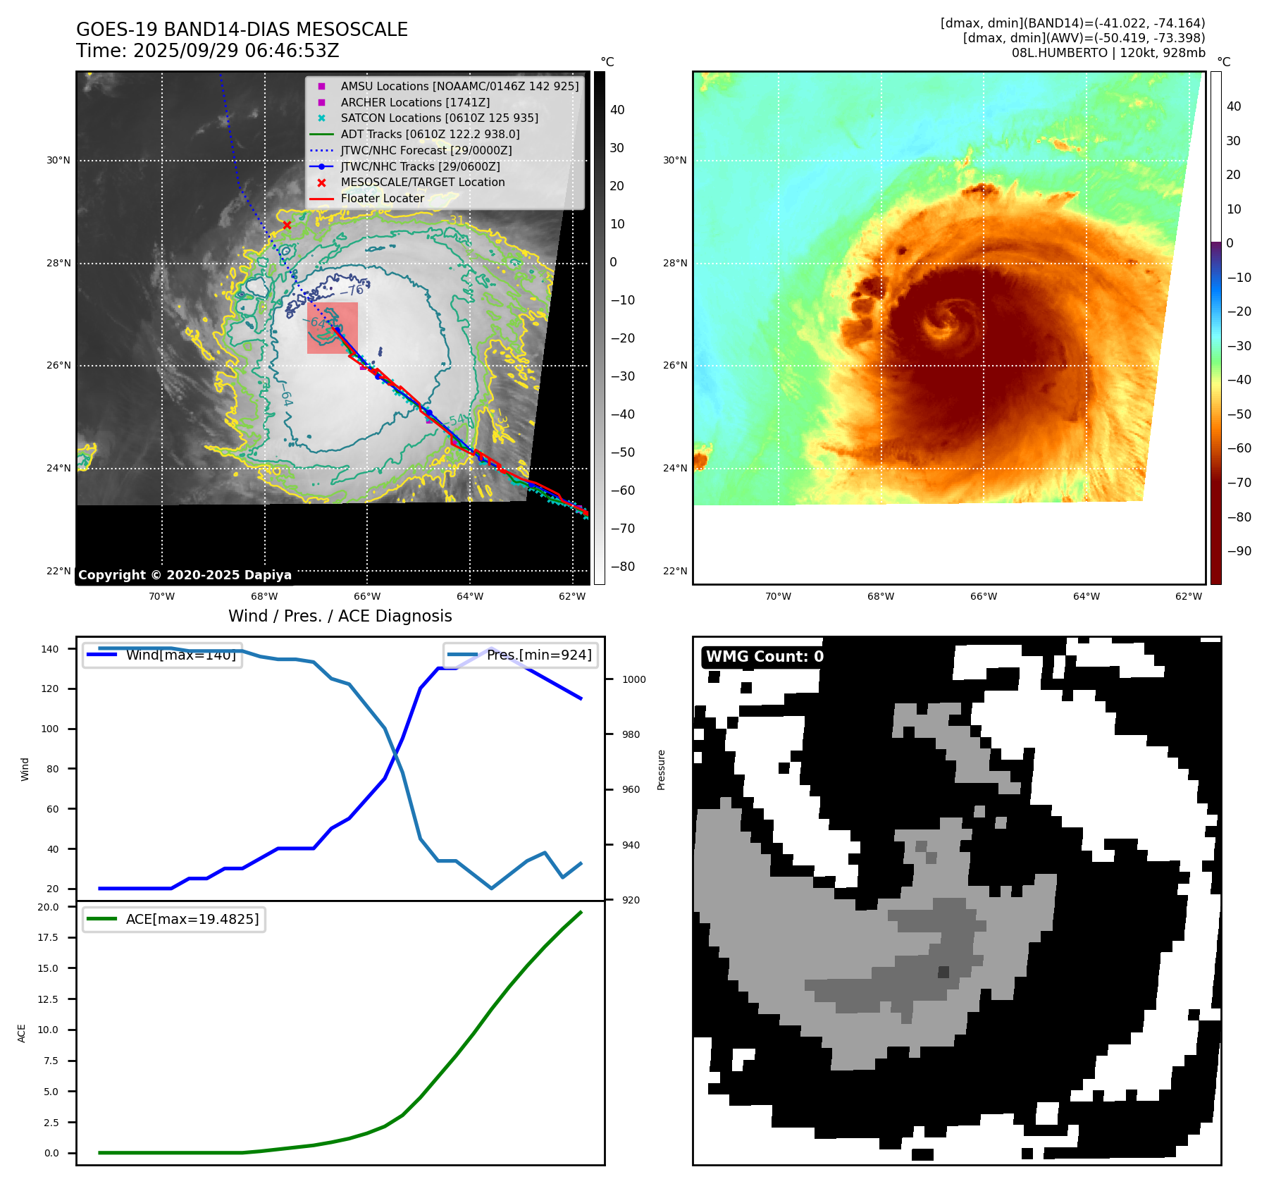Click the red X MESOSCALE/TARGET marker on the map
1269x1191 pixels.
pos(287,226)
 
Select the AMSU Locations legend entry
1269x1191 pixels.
pos(459,86)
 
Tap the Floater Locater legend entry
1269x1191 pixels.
pos(382,198)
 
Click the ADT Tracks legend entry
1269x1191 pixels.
pos(430,134)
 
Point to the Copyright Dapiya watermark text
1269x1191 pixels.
pos(185,575)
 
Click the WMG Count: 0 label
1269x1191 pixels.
pos(765,657)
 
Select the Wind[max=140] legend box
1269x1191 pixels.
pos(162,655)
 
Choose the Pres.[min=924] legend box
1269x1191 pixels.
pos(521,655)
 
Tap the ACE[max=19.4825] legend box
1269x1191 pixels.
pos(174,919)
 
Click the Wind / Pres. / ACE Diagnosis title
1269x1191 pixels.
pos(340,616)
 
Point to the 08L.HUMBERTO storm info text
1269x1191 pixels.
pos(1108,53)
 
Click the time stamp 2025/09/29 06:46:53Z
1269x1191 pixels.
pos(235,51)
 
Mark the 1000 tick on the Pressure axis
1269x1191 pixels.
pos(633,679)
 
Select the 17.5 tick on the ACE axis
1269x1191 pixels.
pos(48,937)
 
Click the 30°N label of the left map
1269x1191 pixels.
pos(58,161)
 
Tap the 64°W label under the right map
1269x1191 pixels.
pos(1086,596)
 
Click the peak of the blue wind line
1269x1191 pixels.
pos(492,648)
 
